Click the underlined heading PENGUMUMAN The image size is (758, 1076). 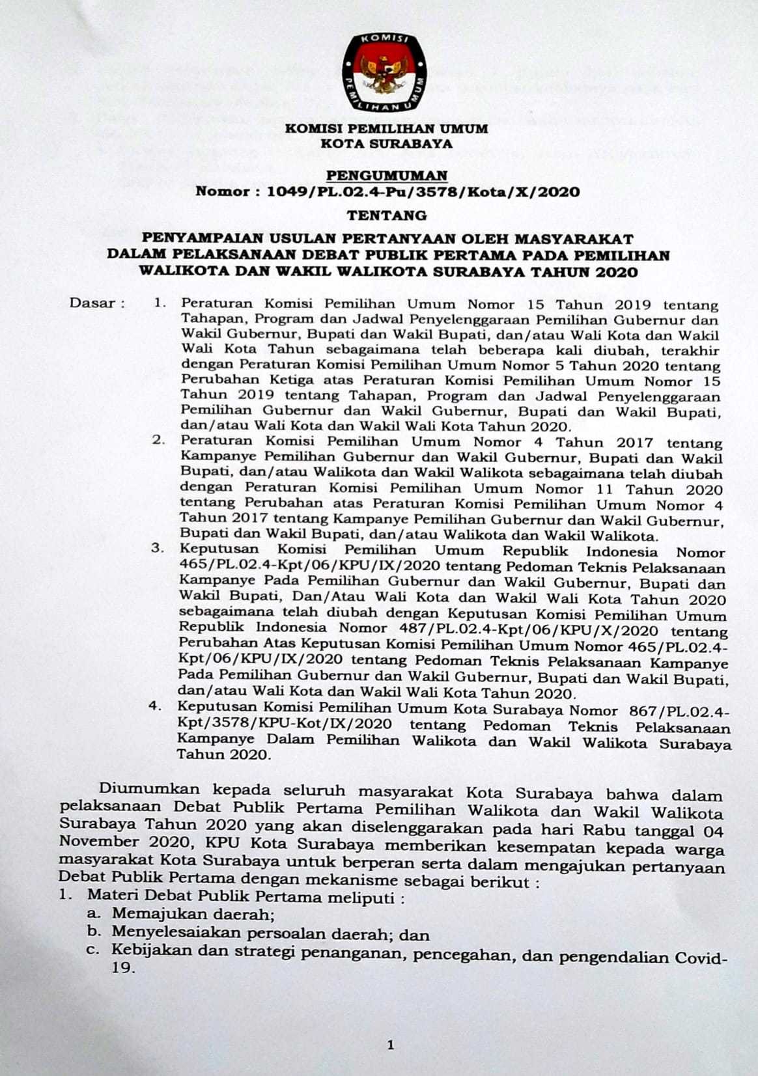click(x=387, y=175)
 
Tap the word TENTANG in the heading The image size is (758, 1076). click(x=387, y=215)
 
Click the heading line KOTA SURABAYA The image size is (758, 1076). click(x=386, y=144)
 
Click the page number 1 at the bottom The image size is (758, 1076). click(x=391, y=1046)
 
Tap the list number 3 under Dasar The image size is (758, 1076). click(x=156, y=548)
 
